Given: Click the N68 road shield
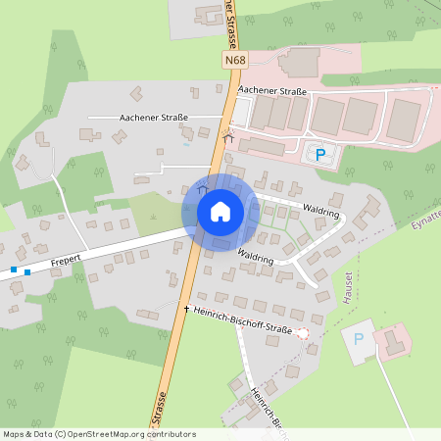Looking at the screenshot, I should click(233, 61).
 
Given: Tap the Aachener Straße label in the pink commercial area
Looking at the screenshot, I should click(280, 92).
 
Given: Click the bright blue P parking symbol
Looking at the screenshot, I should click(318, 153).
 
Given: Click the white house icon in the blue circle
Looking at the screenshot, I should click(220, 212).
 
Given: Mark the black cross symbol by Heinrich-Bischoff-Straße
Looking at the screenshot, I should click(186, 309).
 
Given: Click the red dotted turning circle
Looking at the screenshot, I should click(302, 333).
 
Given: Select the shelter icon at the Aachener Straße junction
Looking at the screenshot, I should click(228, 133).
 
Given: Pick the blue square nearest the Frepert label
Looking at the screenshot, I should click(27, 271).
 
